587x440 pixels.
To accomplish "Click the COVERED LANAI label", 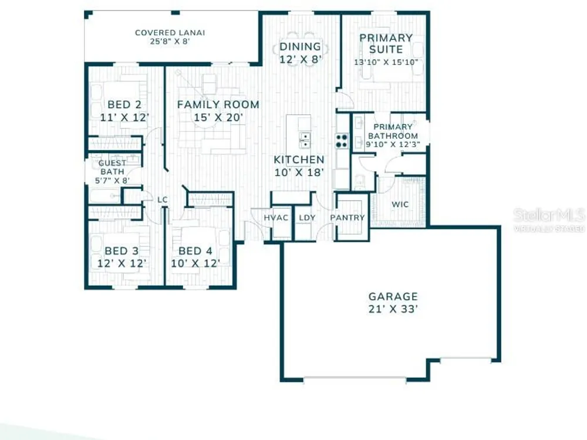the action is pos(170,33).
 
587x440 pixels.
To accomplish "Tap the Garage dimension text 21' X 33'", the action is pos(393,309).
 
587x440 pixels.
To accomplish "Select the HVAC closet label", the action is pos(276,218).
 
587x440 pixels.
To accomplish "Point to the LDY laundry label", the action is pos(307,218).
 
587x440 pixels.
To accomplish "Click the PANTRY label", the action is pos(348,218).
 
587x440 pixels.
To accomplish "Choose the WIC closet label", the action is pos(400,204).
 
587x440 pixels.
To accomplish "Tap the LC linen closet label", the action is pos(162,200).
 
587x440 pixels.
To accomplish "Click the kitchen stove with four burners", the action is pos(342,141).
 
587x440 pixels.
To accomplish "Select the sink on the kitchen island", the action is pos(305,140).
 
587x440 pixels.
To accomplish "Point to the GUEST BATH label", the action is pos(112,167).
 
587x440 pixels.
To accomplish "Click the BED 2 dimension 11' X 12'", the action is pos(124,117).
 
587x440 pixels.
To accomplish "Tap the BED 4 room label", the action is pos(195,251).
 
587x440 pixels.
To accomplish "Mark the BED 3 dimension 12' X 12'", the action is pos(122,263).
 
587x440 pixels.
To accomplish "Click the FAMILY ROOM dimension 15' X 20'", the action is pos(218,117).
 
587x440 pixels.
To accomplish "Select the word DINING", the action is pos(300,47).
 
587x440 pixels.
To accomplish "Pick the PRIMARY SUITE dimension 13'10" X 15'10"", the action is pos(386,62).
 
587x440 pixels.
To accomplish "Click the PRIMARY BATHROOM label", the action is pos(393,131).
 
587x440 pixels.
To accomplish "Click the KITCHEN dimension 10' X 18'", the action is pos(299,172).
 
